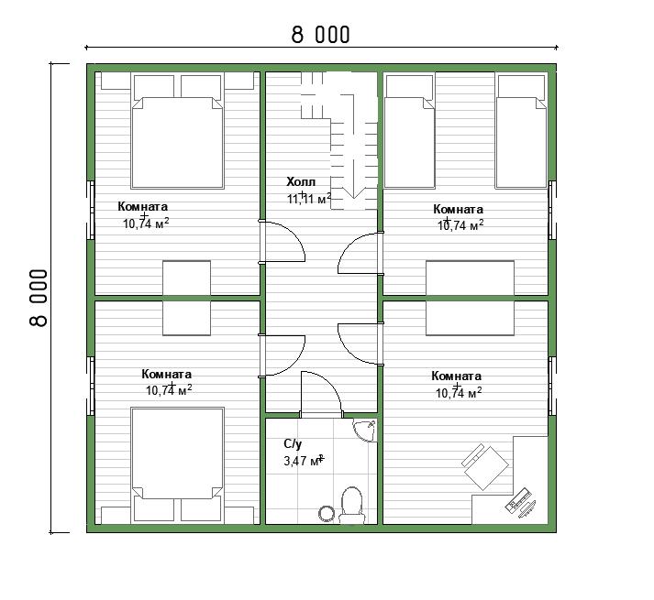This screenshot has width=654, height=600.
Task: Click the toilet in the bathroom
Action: tap(351, 505)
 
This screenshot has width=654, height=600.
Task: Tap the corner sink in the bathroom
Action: tap(366, 430)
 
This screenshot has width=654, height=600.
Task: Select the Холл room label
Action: tap(301, 181)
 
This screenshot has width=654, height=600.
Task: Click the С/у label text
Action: tap(293, 444)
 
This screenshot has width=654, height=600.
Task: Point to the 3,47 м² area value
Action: tap(304, 461)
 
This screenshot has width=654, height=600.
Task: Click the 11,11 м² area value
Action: tap(309, 199)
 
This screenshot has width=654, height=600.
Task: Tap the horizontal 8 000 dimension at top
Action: tap(320, 35)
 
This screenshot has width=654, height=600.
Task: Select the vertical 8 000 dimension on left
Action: tap(39, 298)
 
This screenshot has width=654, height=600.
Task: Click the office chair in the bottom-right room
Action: tap(484, 466)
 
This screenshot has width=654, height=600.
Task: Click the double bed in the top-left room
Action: tap(177, 131)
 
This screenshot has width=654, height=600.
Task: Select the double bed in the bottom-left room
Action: tap(177, 464)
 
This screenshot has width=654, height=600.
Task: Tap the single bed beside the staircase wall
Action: tap(409, 131)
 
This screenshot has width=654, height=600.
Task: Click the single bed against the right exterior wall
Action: tap(521, 131)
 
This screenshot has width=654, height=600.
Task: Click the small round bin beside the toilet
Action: tap(327, 513)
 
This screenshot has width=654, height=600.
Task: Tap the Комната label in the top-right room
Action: tap(458, 209)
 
